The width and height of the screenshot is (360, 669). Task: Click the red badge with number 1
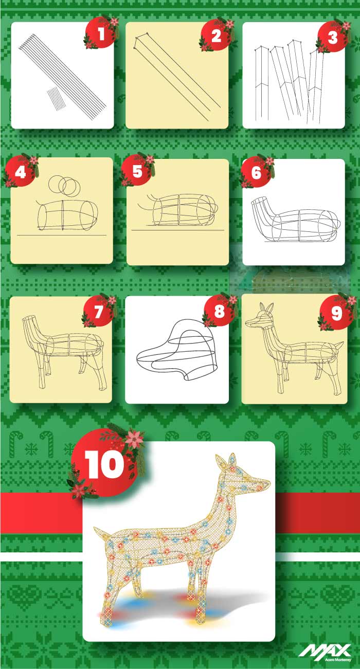(x=100, y=34)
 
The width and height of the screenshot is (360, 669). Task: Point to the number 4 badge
(x=21, y=171)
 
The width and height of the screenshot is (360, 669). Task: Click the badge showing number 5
(x=137, y=171)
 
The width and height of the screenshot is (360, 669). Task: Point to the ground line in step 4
(x=62, y=235)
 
